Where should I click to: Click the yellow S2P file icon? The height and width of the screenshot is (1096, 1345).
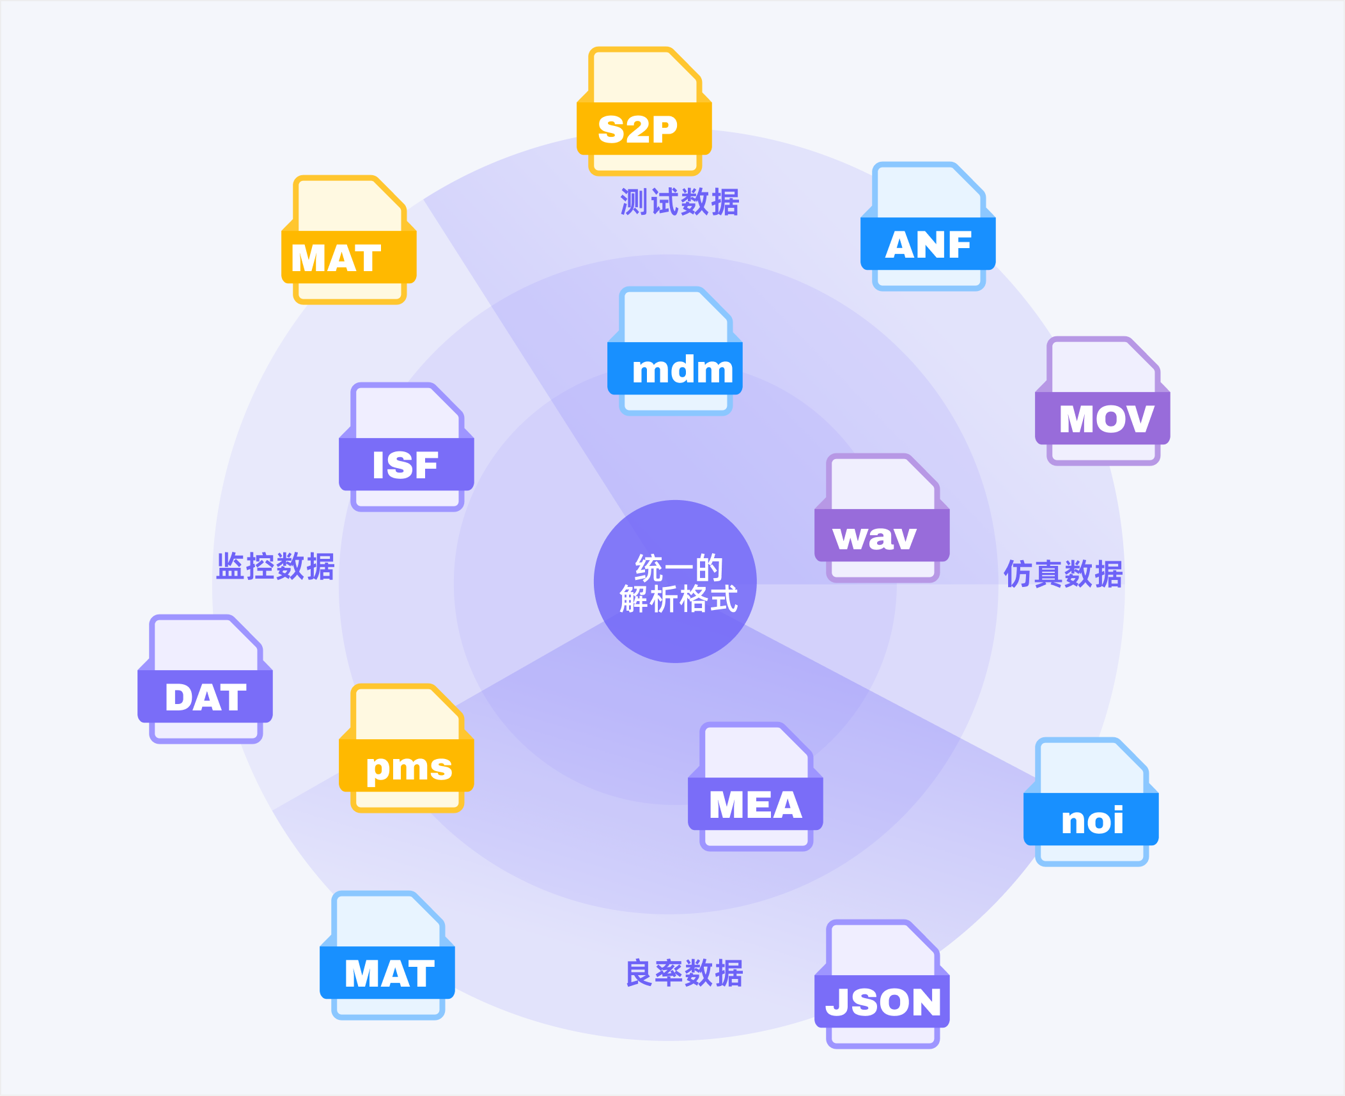point(644,112)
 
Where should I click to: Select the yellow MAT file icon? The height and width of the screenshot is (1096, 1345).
point(348,240)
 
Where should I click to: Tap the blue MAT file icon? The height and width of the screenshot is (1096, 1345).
point(387,956)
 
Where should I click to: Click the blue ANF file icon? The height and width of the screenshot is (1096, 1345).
point(928,227)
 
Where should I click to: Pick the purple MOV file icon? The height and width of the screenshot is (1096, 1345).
point(1102,402)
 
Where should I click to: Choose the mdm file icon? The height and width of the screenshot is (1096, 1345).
point(674,352)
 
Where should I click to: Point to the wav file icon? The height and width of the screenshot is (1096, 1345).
point(882,519)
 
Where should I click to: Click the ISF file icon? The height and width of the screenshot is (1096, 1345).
point(406,448)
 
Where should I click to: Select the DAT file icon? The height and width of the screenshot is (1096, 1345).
point(205,680)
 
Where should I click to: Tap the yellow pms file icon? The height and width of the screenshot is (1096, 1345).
point(406,749)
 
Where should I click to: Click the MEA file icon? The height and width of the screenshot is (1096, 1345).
point(755,787)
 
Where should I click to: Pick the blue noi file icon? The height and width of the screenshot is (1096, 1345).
point(1091,802)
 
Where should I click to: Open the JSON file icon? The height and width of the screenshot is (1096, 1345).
point(882,985)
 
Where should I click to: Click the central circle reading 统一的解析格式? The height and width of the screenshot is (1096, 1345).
point(675,581)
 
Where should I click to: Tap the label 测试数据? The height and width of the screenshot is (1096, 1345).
point(680,202)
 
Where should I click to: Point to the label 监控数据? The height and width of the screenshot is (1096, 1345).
point(276,567)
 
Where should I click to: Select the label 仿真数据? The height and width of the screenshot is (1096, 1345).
point(1063,574)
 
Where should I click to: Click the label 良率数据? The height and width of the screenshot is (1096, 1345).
point(684,973)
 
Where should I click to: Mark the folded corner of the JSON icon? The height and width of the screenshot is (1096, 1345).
point(923,940)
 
